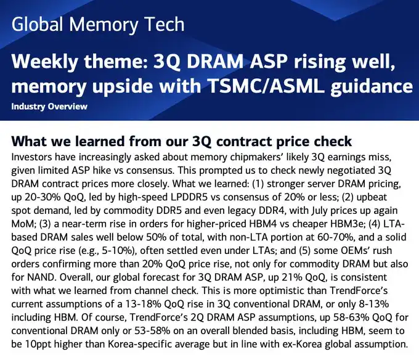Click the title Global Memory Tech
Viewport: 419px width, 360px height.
pyautogui.click(x=98, y=25)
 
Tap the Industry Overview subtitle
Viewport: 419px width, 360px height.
pyautogui.click(x=49, y=107)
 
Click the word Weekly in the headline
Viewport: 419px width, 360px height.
pyautogui.click(x=44, y=62)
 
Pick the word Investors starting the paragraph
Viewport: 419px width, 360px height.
pyautogui.click(x=31, y=157)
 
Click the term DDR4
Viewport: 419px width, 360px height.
pyautogui.click(x=272, y=211)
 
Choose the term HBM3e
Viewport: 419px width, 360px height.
pyautogui.click(x=348, y=224)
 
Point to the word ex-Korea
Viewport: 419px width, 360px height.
pyautogui.click(x=302, y=344)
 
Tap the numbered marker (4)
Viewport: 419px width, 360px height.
pyautogui.click(x=374, y=224)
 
